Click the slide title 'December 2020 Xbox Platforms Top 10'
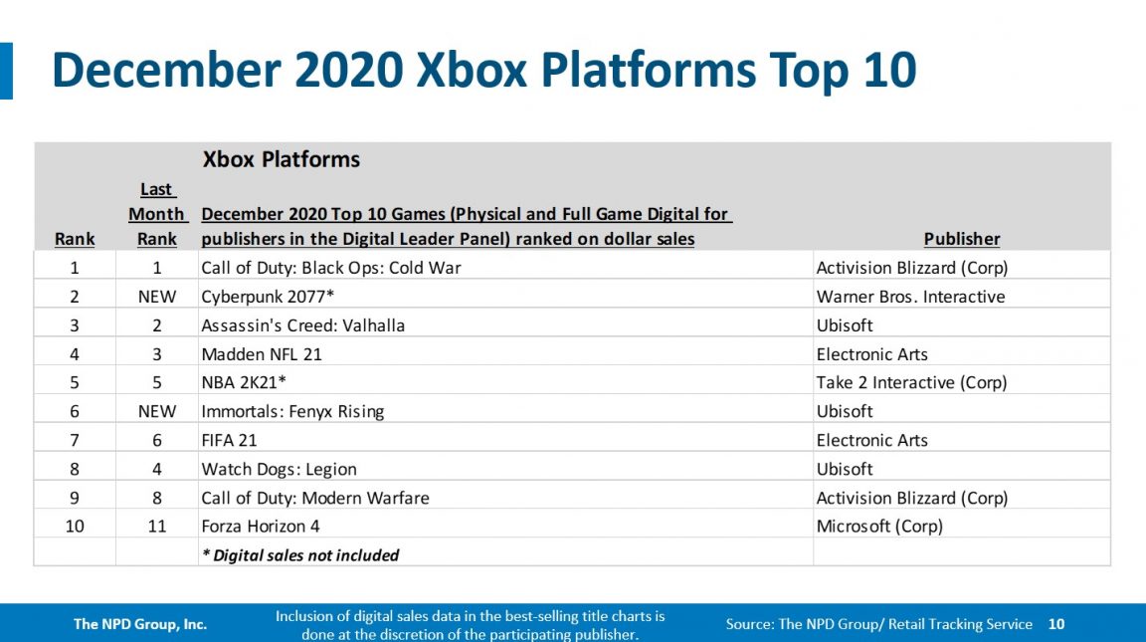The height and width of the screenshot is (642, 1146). coord(483,71)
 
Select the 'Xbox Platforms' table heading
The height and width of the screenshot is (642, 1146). coord(282,159)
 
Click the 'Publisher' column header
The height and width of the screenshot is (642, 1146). coord(962,239)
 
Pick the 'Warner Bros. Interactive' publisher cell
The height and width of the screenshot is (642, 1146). coord(910,297)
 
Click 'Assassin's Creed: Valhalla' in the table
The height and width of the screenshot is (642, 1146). coord(302,325)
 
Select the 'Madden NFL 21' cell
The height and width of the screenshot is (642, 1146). coord(262,354)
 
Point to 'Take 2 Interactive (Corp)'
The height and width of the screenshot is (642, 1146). coord(911,383)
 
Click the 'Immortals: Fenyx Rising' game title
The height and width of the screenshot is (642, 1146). coord(292,411)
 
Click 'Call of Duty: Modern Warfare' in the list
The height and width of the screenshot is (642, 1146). coord(315,498)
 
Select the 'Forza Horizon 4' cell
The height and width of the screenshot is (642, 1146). coord(261,527)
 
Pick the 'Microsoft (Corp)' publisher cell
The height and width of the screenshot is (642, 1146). coord(879,527)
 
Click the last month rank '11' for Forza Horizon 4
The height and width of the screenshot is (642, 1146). coord(157,527)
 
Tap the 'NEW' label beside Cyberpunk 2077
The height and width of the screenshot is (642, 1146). coord(157,297)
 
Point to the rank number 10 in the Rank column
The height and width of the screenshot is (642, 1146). coord(75,527)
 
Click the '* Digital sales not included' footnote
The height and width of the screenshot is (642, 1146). coord(299,555)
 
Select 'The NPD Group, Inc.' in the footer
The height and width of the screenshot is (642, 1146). coord(140,624)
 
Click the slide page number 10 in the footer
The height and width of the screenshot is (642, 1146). coord(1056,624)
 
